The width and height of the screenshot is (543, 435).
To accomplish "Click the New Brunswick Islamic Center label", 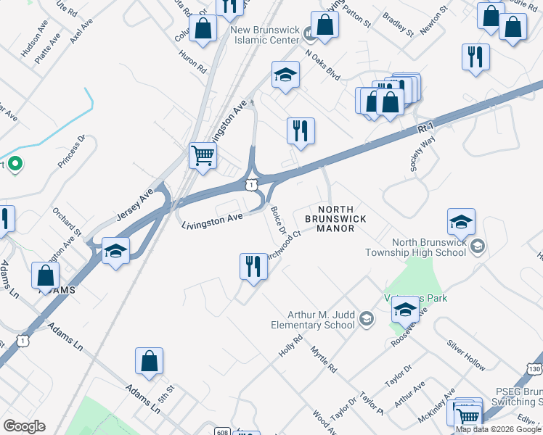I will (265, 35).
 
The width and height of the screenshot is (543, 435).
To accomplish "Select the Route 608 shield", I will (222, 433).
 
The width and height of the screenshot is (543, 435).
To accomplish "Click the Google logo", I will (24, 426).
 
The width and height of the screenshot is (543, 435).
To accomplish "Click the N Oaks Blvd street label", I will (322, 64).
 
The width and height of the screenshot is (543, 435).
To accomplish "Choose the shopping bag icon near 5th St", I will (149, 361).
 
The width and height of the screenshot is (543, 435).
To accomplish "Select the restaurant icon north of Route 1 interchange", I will (301, 131).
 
